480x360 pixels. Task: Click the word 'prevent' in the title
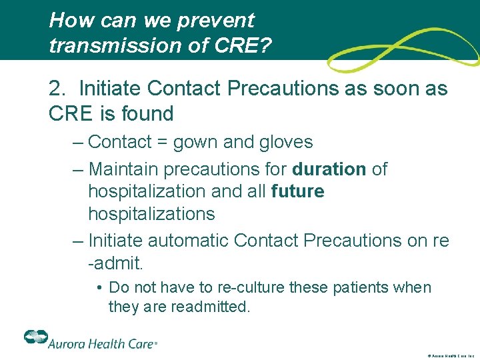tap(216, 21)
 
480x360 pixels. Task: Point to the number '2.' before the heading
tap(58, 89)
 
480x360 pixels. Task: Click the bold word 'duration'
tap(329, 169)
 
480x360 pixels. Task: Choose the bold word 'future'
tap(298, 192)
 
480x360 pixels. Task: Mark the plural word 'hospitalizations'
tap(151, 214)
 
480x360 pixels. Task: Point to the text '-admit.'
tap(115, 263)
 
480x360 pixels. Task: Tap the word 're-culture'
tap(237, 288)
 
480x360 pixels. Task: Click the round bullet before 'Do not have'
tap(98, 288)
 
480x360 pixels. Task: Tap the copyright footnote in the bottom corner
tap(447, 355)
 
